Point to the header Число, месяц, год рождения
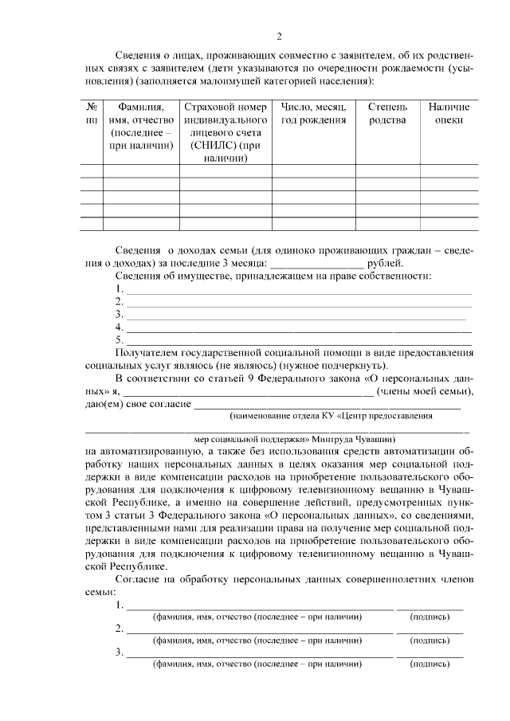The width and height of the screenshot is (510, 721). coord(312,113)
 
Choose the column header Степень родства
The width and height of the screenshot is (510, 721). coord(387,113)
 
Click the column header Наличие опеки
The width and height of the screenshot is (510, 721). coord(448,113)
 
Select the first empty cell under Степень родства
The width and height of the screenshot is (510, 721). coord(387,170)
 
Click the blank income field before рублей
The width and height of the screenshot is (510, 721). coord(316,262)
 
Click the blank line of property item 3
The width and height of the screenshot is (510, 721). coord(296,316)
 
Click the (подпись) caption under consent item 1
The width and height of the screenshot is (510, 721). coord(430,617)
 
